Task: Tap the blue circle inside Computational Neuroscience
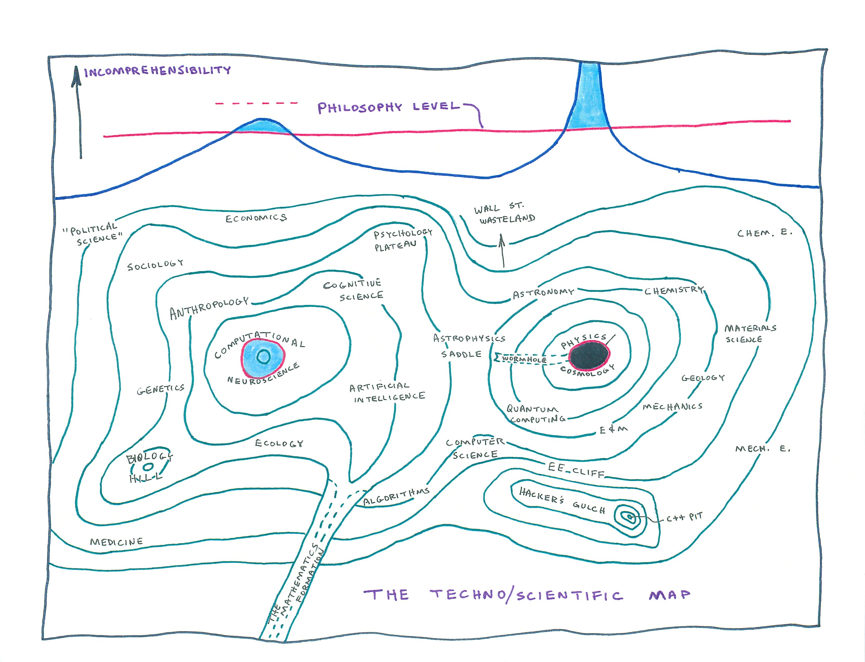[x=263, y=357]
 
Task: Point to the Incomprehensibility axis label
[x=158, y=71]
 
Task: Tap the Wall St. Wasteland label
[x=504, y=214]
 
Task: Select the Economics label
[x=256, y=218]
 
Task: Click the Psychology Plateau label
[x=402, y=240]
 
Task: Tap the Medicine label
[x=116, y=542]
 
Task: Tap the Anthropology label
[x=209, y=308]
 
